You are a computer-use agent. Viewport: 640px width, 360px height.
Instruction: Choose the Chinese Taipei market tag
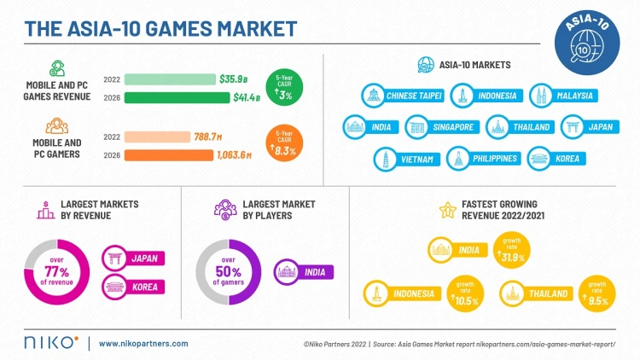pos(403,96)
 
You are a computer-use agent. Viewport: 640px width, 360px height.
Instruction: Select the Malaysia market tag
pos(561,96)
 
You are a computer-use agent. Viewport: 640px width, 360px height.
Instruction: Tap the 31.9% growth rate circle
pos(511,251)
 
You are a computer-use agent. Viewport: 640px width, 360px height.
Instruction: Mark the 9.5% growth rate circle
pos(596,294)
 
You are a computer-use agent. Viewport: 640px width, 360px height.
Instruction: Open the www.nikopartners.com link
pos(143,344)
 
